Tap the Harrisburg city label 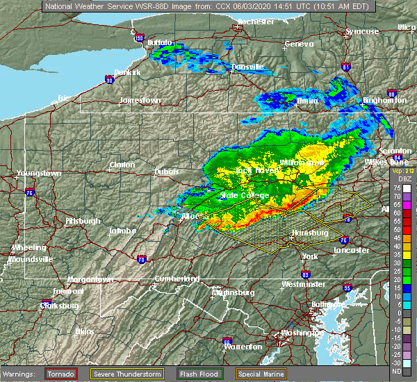click(310, 233)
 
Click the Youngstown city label click(40, 173)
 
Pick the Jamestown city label click(140, 100)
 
